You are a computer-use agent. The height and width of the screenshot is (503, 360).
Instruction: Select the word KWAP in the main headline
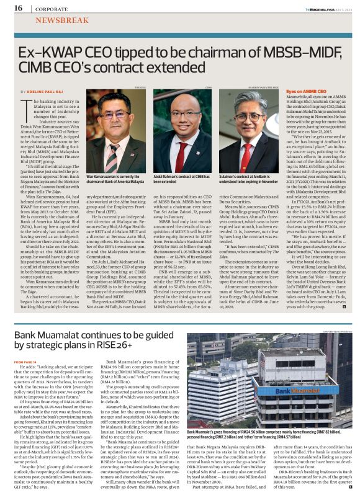point(56,53)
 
